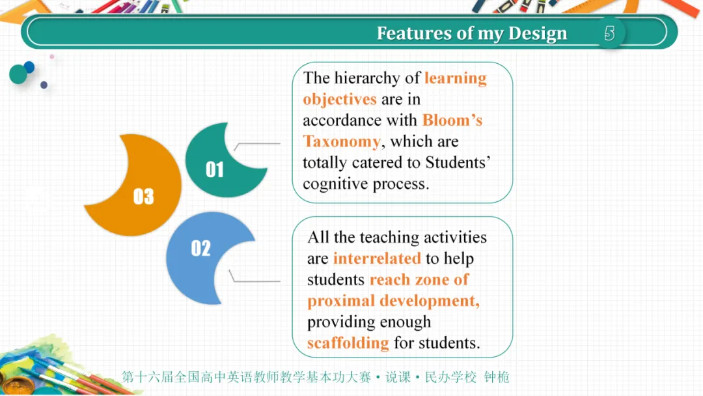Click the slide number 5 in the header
pyautogui.click(x=609, y=33)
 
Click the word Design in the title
pyautogui.click(x=538, y=34)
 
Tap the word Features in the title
pyautogui.click(x=414, y=33)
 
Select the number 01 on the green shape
pyautogui.click(x=215, y=169)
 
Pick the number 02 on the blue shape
pyautogui.click(x=201, y=248)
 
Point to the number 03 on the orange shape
pyautogui.click(x=143, y=197)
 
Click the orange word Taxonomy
pyautogui.click(x=342, y=142)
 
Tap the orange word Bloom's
pyautogui.click(x=452, y=120)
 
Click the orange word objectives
pyautogui.click(x=340, y=99)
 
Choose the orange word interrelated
pyautogui.click(x=377, y=259)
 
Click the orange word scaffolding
pyautogui.click(x=348, y=343)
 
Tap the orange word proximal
pyautogui.click(x=340, y=301)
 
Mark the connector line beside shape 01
pyautogui.click(x=257, y=145)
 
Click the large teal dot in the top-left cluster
pyautogui.click(x=18, y=74)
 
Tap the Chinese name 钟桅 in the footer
pyautogui.click(x=497, y=377)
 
